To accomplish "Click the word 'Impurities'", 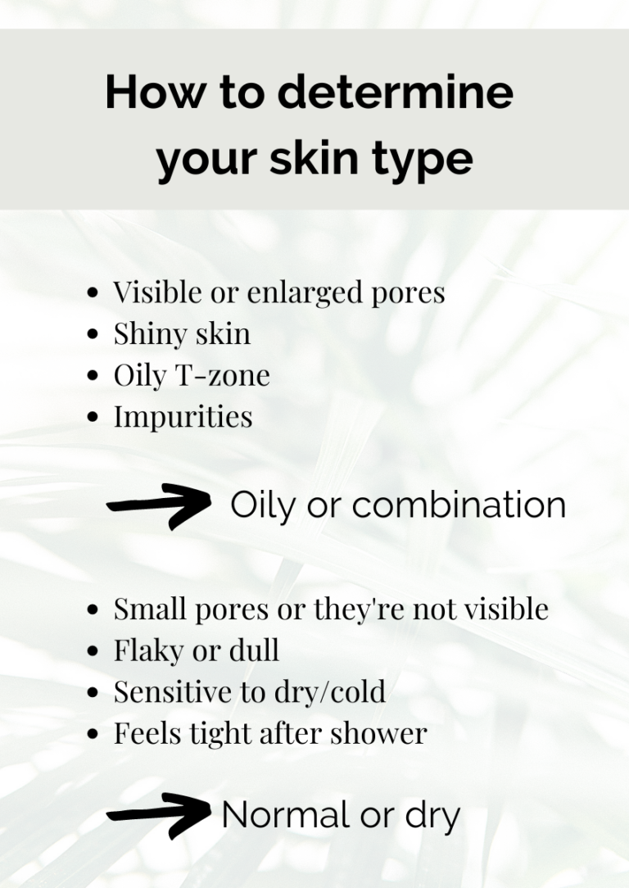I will pyautogui.click(x=183, y=417).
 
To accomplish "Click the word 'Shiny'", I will pyautogui.click(x=147, y=335).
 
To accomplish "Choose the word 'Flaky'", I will pyautogui.click(x=147, y=650).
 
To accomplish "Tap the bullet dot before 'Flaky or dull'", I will pyautogui.click(x=95, y=651).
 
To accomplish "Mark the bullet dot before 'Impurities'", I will pyautogui.click(x=95, y=418).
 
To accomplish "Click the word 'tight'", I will pyautogui.click(x=224, y=734).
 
